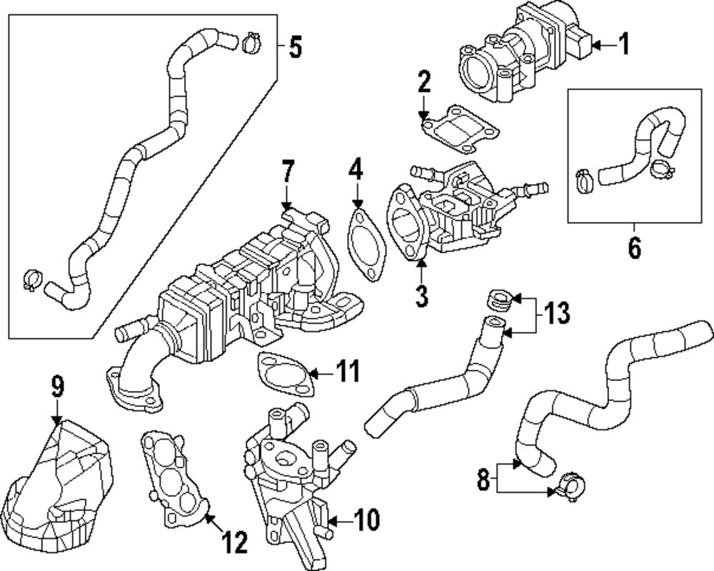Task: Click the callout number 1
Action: tap(624, 46)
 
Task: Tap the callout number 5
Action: tap(295, 48)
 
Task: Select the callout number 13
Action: tap(557, 313)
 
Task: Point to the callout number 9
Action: tap(57, 388)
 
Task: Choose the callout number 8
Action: tap(483, 479)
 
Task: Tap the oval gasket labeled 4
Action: tap(367, 243)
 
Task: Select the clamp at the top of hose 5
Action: tap(251, 44)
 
